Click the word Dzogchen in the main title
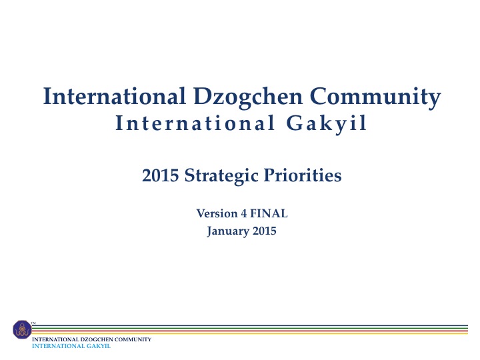[x=248, y=97]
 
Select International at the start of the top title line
[x=114, y=96]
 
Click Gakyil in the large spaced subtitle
[x=326, y=124]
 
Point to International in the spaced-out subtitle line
[x=195, y=123]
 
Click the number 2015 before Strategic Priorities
[x=161, y=175]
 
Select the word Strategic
[x=221, y=176]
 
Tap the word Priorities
[x=303, y=175]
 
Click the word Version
[x=217, y=213]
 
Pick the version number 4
[x=244, y=213]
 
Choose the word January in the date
[x=228, y=231]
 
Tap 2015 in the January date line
[x=264, y=231]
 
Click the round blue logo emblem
[x=22, y=329]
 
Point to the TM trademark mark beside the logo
[x=33, y=323]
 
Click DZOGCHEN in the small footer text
[x=97, y=339]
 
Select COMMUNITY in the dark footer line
[x=133, y=339]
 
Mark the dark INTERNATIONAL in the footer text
[x=55, y=339]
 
